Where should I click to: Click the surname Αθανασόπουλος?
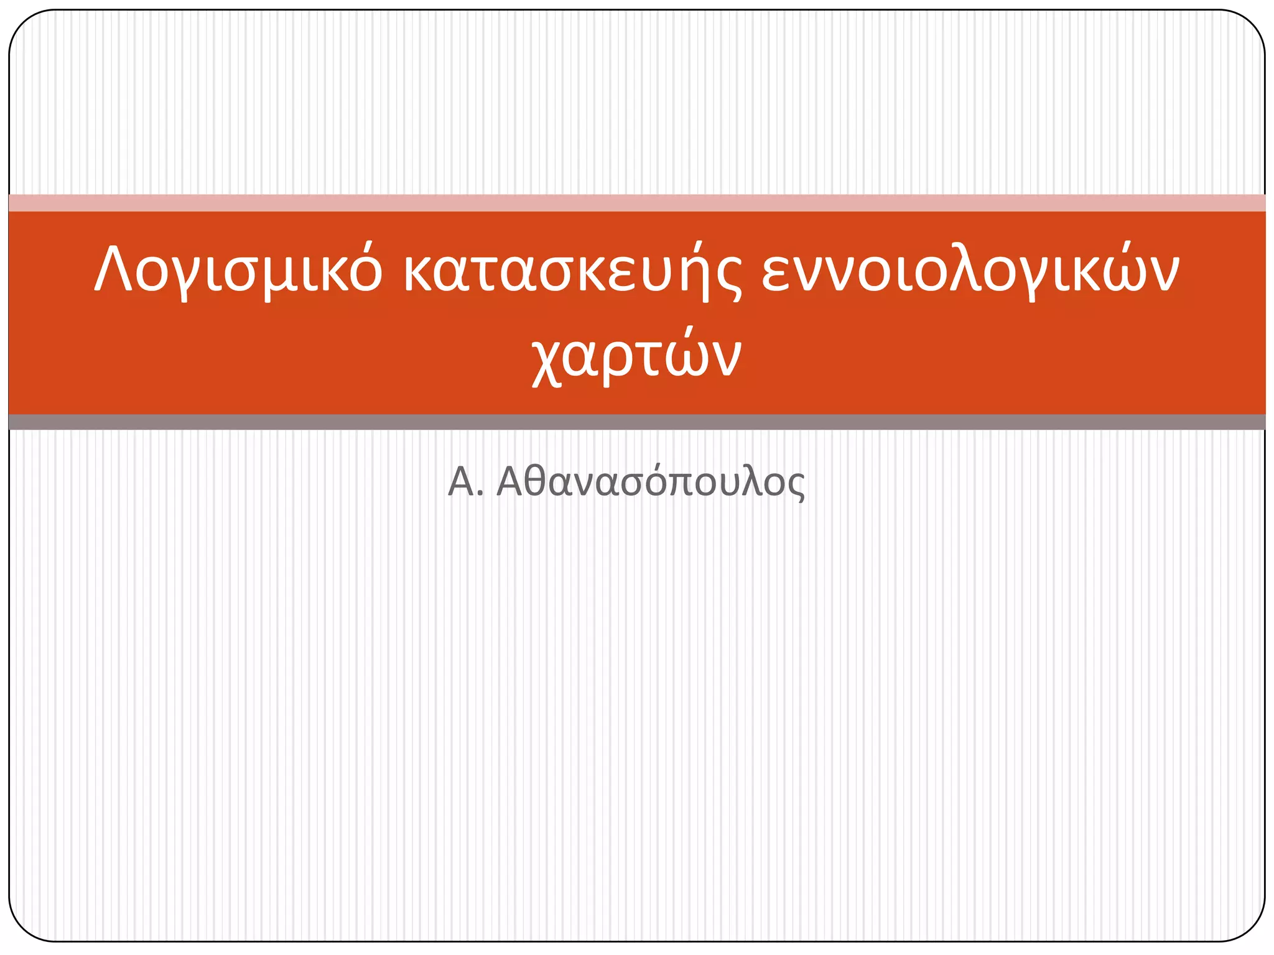click(651, 482)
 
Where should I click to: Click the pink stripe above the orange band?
click(637, 203)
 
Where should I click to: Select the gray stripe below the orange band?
click(637, 422)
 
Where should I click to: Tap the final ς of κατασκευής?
click(728, 277)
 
